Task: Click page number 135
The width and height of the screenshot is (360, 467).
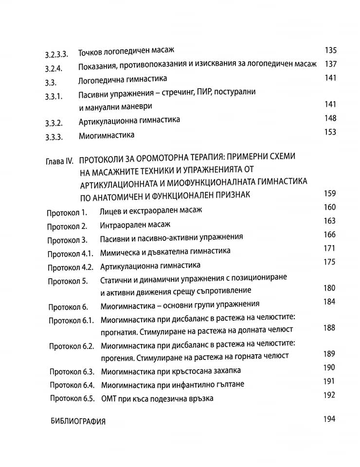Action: [330, 50]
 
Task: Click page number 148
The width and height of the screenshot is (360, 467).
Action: [330, 118]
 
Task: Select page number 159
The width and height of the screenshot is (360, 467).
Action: [329, 194]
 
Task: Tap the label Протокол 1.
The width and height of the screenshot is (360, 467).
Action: [67, 213]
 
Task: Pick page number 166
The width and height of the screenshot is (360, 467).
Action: [329, 234]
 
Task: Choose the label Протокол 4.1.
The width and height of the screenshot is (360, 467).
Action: [70, 253]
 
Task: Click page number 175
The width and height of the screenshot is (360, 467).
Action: [329, 262]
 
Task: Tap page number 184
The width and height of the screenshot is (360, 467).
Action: [329, 302]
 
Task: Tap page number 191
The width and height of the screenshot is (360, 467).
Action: [329, 381]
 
